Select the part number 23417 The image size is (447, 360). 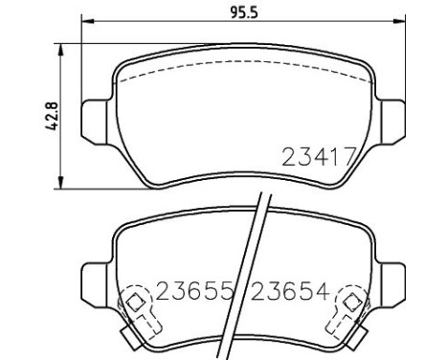pos(319,156)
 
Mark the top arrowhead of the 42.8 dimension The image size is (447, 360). pos(63,46)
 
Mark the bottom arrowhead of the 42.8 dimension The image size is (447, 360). pos(63,184)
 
